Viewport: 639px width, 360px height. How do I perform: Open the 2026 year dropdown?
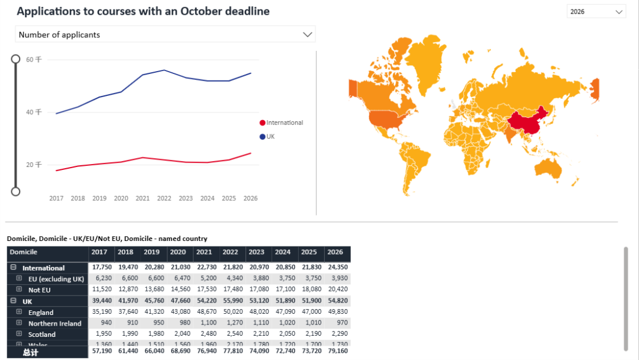(x=596, y=12)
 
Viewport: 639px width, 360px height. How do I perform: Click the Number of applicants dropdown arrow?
(x=307, y=34)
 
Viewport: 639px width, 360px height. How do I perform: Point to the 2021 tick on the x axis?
(x=143, y=198)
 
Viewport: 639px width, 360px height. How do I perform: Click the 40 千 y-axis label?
(x=34, y=112)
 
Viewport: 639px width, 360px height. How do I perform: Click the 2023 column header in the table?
(x=256, y=252)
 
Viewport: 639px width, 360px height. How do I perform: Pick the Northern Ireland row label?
(x=55, y=323)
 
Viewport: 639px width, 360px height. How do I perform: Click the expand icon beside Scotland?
(x=19, y=334)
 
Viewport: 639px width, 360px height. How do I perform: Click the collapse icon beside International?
(x=13, y=268)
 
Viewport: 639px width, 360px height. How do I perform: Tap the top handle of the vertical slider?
(x=16, y=59)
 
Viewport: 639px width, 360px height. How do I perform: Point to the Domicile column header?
(x=24, y=252)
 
